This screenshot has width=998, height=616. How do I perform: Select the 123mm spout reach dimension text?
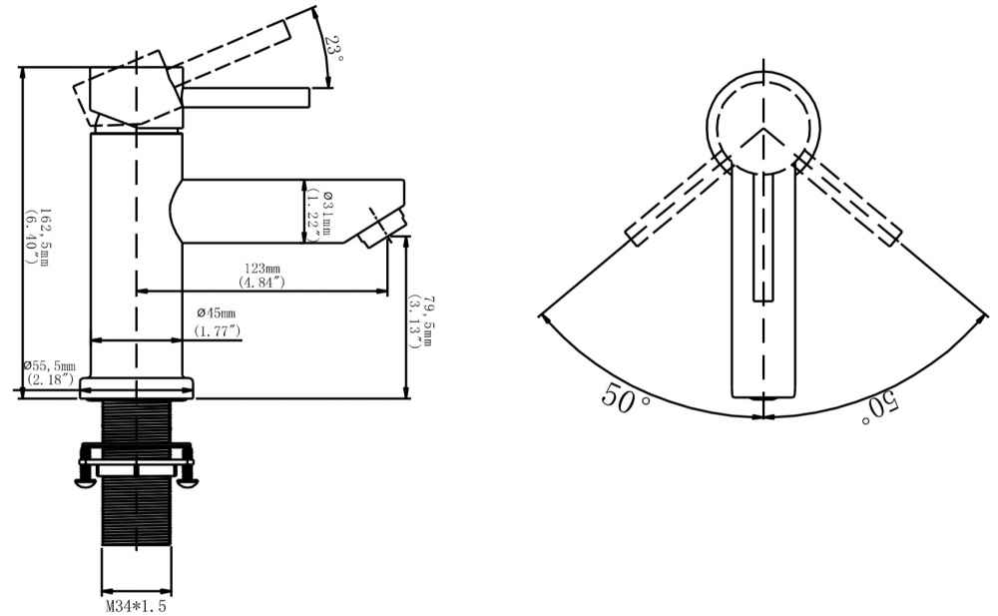coord(262,269)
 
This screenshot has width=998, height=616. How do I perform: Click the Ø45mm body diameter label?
coord(217,312)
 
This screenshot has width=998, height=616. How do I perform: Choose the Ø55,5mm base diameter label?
coord(50,365)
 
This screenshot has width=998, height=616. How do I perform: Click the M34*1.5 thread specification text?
coord(136,606)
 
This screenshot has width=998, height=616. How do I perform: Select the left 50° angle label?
coord(626,397)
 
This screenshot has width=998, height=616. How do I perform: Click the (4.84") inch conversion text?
coord(261,283)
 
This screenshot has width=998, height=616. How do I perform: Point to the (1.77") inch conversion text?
coord(218,331)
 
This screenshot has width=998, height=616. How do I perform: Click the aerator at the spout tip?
coord(382,230)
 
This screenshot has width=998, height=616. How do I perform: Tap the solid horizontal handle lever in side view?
coord(247,98)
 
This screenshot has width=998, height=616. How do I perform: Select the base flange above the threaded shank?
coord(136,388)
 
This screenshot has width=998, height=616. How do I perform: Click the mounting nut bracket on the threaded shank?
coord(136,462)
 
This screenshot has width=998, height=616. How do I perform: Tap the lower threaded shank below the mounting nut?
coord(136,511)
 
